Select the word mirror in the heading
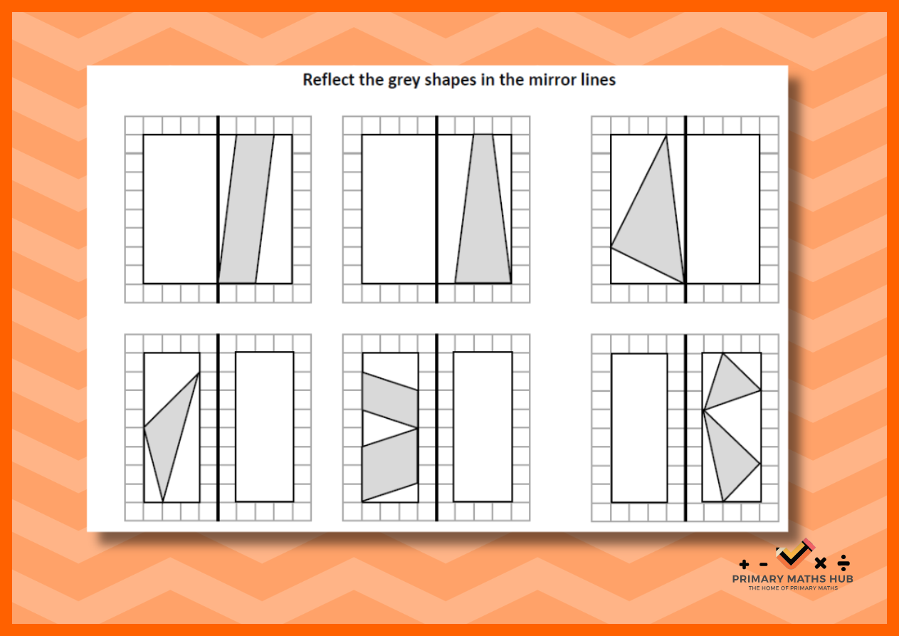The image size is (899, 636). [x=552, y=80]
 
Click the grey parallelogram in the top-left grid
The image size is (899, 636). [x=246, y=209]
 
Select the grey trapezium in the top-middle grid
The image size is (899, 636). [x=483, y=209]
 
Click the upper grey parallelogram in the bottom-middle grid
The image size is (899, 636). [x=390, y=400]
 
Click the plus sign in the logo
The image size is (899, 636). [x=744, y=564]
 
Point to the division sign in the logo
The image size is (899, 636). [x=843, y=563]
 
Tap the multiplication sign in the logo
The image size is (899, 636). [x=821, y=563]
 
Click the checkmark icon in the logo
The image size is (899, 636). [x=794, y=555]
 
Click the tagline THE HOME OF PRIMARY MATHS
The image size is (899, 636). [x=793, y=588]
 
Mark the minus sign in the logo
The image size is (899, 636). [x=763, y=565]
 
